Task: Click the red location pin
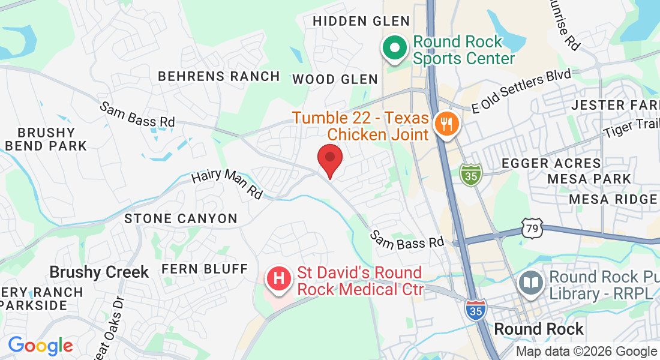329,158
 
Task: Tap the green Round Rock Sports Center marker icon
394,49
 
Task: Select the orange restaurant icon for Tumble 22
446,125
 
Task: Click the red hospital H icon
278,279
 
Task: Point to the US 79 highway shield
533,227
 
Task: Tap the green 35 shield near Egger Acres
471,175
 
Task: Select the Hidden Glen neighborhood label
361,21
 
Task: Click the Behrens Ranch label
219,76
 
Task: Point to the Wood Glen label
335,79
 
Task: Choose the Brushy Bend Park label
46,139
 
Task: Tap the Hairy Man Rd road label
227,184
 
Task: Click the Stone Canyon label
181,218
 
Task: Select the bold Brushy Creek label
99,272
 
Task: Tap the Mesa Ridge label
612,199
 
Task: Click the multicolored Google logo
40,346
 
